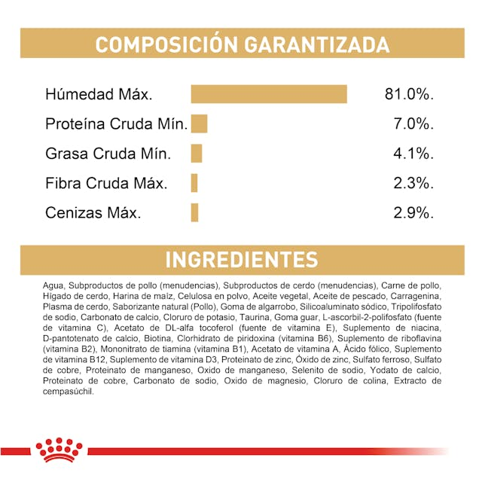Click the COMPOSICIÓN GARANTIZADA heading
click(x=241, y=44)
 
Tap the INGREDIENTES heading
click(x=241, y=261)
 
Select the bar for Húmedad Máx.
click(x=269, y=94)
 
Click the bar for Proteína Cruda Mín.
click(x=199, y=124)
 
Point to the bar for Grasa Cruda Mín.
click(x=197, y=153)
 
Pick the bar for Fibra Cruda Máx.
click(x=194, y=183)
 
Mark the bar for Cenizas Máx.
click(x=194, y=212)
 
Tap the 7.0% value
click(x=413, y=124)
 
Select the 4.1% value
click(x=413, y=154)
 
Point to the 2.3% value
click(x=413, y=183)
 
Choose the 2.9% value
click(x=413, y=212)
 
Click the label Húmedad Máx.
click(x=99, y=95)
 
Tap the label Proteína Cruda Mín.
click(x=115, y=124)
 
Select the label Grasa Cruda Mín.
click(x=108, y=154)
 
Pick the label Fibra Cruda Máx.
click(x=106, y=183)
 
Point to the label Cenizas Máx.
click(x=93, y=212)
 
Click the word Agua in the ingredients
click(x=54, y=286)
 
